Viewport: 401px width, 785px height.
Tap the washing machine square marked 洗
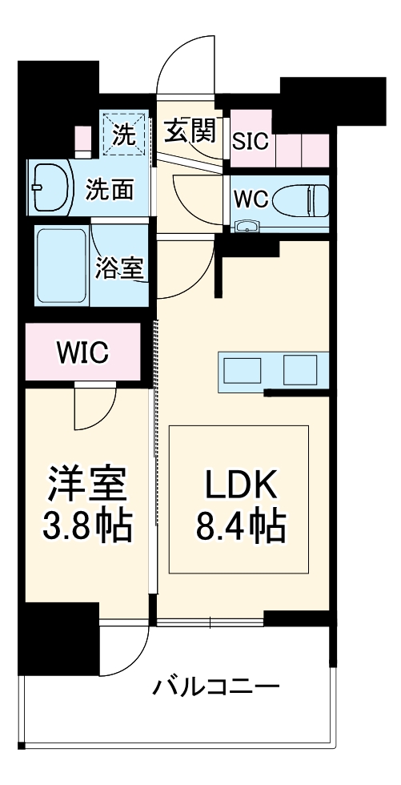(123, 133)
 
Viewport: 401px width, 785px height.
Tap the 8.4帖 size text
(239, 526)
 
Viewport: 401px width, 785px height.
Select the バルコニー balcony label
(216, 687)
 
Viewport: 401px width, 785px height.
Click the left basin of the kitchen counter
(243, 370)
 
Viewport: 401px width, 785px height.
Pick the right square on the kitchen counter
(301, 370)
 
